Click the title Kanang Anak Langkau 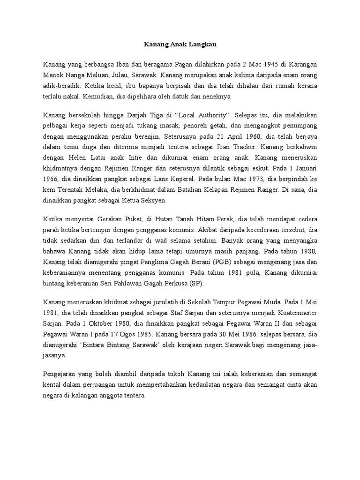[180, 45]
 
